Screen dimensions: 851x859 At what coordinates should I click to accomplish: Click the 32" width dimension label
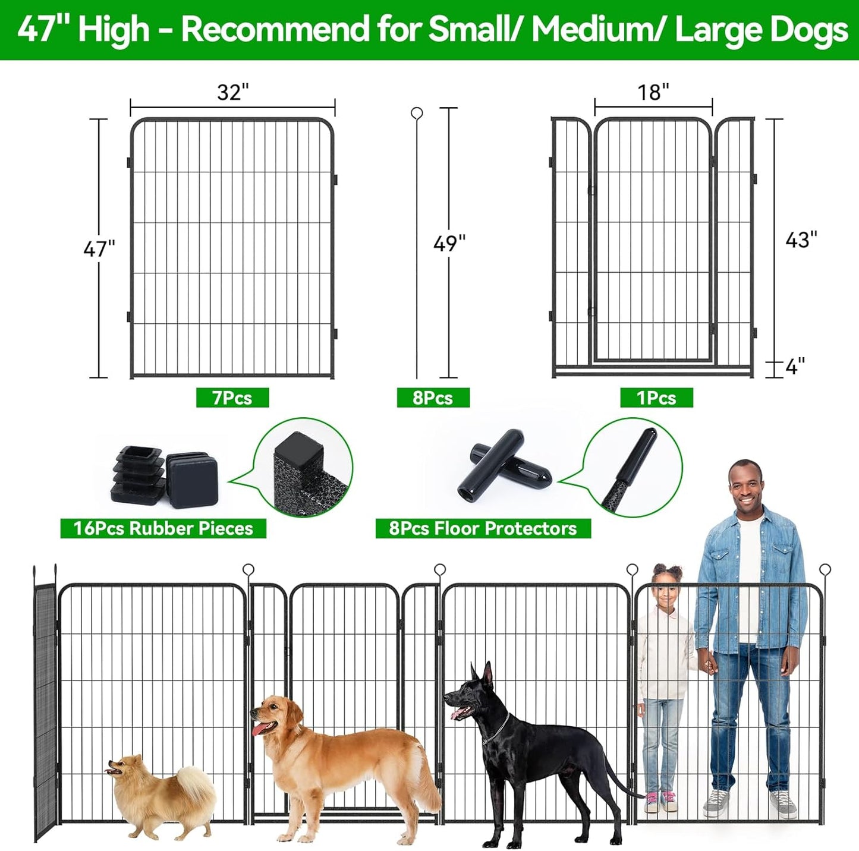tap(232, 92)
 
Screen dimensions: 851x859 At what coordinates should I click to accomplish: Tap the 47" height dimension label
tap(99, 248)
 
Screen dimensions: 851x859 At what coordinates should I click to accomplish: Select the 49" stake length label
tap(449, 243)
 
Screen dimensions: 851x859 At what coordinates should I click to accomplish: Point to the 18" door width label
tap(653, 92)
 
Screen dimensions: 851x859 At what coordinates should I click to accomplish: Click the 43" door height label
tap(801, 239)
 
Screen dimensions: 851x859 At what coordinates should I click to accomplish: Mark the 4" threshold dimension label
tap(795, 366)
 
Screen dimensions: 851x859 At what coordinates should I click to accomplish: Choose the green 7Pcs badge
tap(232, 398)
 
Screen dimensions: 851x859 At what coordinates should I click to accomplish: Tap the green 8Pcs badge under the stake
tap(433, 398)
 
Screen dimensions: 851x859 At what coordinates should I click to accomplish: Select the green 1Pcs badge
tap(656, 398)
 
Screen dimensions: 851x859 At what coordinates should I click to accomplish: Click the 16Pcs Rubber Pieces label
tap(163, 528)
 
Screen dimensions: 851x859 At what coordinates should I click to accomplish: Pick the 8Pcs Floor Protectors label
tap(483, 528)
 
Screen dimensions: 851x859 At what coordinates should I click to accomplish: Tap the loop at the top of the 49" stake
tap(417, 113)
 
